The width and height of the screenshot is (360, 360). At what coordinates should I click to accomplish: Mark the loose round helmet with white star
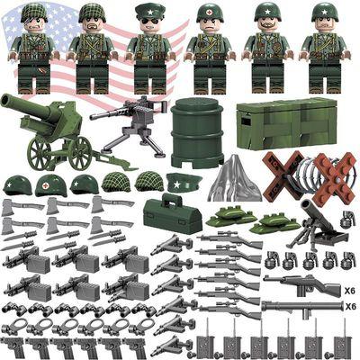17,185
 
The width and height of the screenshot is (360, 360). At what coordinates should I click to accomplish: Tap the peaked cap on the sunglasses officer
149,11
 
